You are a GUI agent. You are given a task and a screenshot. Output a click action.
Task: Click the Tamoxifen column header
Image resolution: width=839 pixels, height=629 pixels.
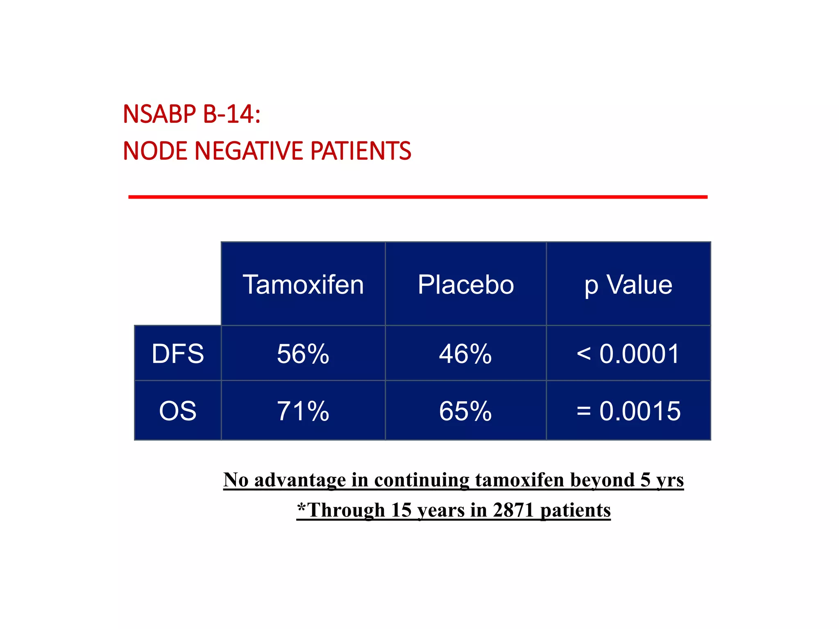click(303, 285)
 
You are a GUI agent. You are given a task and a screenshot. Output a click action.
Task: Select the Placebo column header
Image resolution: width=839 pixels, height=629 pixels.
click(466, 285)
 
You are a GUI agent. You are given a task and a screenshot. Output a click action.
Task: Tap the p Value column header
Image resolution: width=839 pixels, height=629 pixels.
click(628, 285)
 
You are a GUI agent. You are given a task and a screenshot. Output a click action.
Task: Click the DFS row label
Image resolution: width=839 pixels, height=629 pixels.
click(178, 354)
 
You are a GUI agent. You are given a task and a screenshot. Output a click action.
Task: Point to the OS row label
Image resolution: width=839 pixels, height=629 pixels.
click(178, 411)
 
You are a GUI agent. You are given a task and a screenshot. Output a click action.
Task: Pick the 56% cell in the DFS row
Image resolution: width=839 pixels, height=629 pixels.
click(303, 354)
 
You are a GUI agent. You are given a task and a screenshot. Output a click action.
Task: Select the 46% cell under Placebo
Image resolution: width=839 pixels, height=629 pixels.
click(466, 354)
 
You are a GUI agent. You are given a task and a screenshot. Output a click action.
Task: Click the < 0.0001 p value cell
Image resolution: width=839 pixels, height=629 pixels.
click(628, 354)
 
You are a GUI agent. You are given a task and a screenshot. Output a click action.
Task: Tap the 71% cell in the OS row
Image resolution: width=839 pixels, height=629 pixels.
click(303, 411)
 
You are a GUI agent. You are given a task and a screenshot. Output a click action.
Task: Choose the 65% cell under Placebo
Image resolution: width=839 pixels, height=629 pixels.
click(466, 411)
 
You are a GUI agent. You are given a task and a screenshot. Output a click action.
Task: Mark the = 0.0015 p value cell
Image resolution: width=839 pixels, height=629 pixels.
click(628, 411)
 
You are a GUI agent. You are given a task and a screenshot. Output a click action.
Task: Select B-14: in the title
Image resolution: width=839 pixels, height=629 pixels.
click(232, 114)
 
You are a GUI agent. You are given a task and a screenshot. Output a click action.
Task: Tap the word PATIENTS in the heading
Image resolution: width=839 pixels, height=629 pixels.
click(361, 151)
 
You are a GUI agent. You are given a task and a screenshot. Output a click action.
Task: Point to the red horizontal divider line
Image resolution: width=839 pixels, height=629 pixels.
click(418, 197)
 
